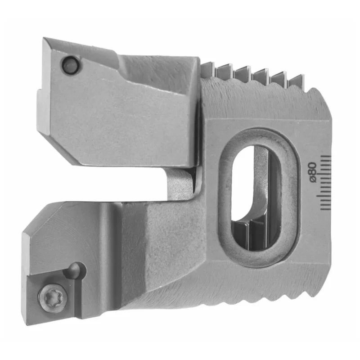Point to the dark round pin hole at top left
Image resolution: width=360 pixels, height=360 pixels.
70,65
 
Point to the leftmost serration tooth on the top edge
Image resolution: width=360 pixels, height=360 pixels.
208,67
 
